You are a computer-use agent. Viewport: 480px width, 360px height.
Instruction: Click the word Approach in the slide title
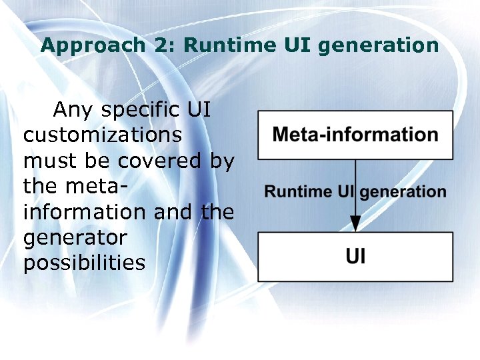(83, 45)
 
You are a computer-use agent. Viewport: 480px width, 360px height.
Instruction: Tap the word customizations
(103, 135)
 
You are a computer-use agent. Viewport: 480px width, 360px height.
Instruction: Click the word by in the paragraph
(221, 161)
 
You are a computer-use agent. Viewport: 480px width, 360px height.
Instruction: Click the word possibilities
(84, 263)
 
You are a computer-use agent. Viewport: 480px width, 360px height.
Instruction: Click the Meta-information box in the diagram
(355, 135)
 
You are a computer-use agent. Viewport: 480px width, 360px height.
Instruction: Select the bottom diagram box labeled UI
(355, 257)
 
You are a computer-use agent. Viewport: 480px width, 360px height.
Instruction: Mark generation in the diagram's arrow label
(403, 192)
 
